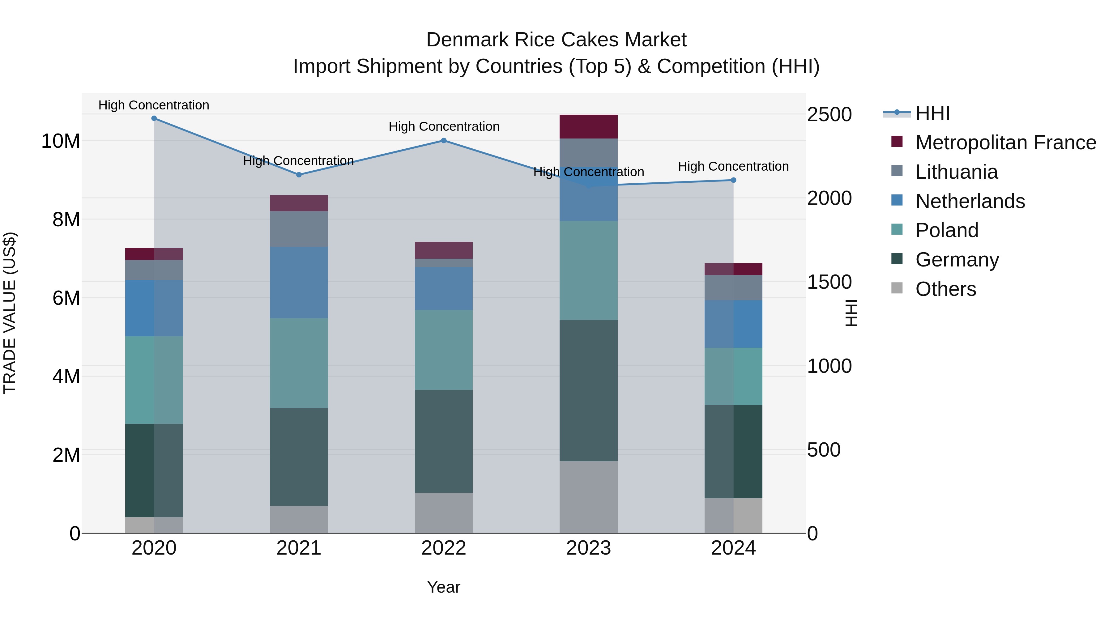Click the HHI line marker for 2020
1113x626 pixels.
(154, 118)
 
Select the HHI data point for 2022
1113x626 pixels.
(443, 140)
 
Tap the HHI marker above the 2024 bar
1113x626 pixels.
(733, 180)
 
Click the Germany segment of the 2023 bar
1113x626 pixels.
(588, 390)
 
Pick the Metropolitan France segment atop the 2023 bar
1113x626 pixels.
(588, 126)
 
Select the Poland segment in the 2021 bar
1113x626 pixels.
(299, 363)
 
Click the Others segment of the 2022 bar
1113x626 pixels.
(443, 513)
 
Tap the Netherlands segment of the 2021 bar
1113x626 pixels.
(299, 282)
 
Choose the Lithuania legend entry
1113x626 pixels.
(956, 172)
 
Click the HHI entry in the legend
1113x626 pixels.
(932, 113)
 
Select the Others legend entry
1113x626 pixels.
(945, 289)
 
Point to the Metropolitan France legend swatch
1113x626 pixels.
(897, 142)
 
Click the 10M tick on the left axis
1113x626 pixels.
(61, 141)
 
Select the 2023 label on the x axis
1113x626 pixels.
(588, 548)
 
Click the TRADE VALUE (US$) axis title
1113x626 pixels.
(10, 313)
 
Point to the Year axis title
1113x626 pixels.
(443, 587)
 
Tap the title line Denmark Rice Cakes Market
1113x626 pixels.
(556, 40)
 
